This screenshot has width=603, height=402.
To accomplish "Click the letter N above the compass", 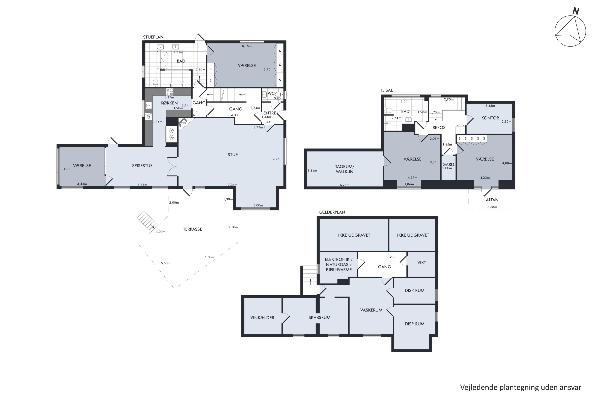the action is coord(576,11).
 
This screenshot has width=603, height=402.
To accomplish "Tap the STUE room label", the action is coord(233,155).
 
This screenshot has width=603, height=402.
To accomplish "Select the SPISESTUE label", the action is coord(142,166).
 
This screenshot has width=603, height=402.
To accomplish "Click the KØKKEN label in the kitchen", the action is coord(169,103).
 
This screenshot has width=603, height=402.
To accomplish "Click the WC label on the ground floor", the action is coord(271,93).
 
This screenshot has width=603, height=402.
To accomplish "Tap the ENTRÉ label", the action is coord(270,113).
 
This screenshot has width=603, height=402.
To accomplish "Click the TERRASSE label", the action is coord(192,229).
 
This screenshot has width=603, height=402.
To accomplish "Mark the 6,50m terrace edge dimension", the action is coord(209,257).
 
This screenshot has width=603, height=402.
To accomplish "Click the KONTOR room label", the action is coord(490,118).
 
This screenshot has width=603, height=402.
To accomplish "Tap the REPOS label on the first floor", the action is coord(439,127).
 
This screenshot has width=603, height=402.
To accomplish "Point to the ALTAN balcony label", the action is coord(492,200).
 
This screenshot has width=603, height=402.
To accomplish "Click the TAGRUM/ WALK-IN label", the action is coord(345,169).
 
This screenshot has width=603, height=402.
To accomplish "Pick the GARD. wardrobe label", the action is coord(448,165).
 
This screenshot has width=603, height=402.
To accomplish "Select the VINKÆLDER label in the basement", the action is coord(262,317).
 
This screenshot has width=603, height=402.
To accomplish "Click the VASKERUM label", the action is coord(371,310).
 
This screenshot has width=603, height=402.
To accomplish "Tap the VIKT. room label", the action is coord(422,263).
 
